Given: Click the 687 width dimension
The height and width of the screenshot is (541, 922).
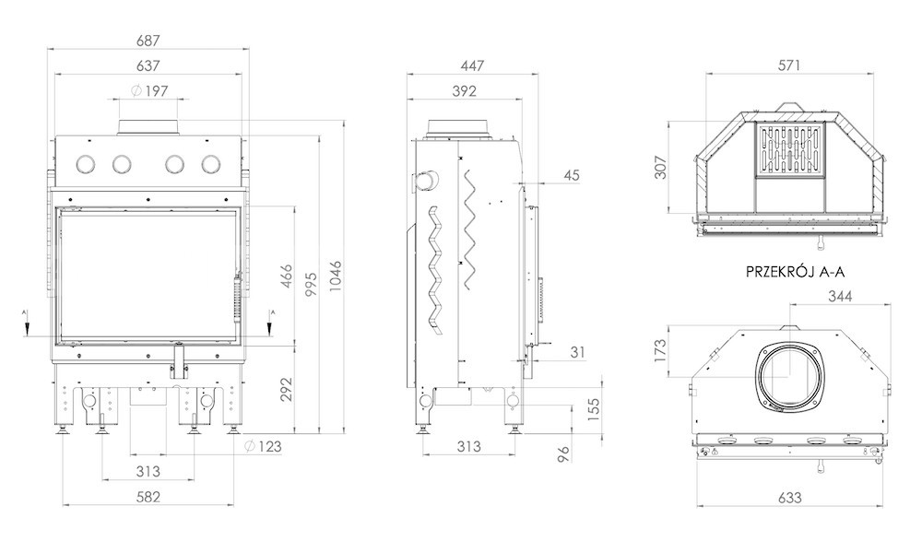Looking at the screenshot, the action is tap(148, 41).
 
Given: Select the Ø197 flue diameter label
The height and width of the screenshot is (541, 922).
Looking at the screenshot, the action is tap(149, 90).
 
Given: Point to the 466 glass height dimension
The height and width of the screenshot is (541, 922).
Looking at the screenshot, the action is tap(286, 276).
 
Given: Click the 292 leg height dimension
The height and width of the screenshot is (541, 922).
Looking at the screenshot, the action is tap(286, 389).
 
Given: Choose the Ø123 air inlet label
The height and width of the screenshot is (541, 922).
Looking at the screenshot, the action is tap(263, 446).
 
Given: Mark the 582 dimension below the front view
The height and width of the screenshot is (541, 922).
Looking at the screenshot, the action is tap(148, 497).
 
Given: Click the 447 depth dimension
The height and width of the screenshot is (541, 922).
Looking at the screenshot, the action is tap(472, 65).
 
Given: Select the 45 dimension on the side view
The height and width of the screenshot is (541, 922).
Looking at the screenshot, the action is tap(572, 174).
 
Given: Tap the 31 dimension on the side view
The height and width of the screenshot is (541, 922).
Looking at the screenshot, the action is tap(577, 352).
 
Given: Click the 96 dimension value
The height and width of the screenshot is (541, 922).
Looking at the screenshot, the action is tap(563, 454).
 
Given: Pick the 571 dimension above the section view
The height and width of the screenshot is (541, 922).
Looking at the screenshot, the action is tap(789, 65).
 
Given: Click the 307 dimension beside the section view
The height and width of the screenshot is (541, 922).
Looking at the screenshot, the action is tap(661, 167).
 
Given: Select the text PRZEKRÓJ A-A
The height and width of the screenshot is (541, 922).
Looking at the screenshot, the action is tap(795, 272).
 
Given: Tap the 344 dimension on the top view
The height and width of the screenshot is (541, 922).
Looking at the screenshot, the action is tap(840, 296).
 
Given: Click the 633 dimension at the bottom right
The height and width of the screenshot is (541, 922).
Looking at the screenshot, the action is tap(790, 498).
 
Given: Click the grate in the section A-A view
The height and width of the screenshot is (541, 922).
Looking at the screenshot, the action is tap(790, 150).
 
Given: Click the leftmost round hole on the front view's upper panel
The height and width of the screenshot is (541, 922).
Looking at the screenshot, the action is tap(87, 164).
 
